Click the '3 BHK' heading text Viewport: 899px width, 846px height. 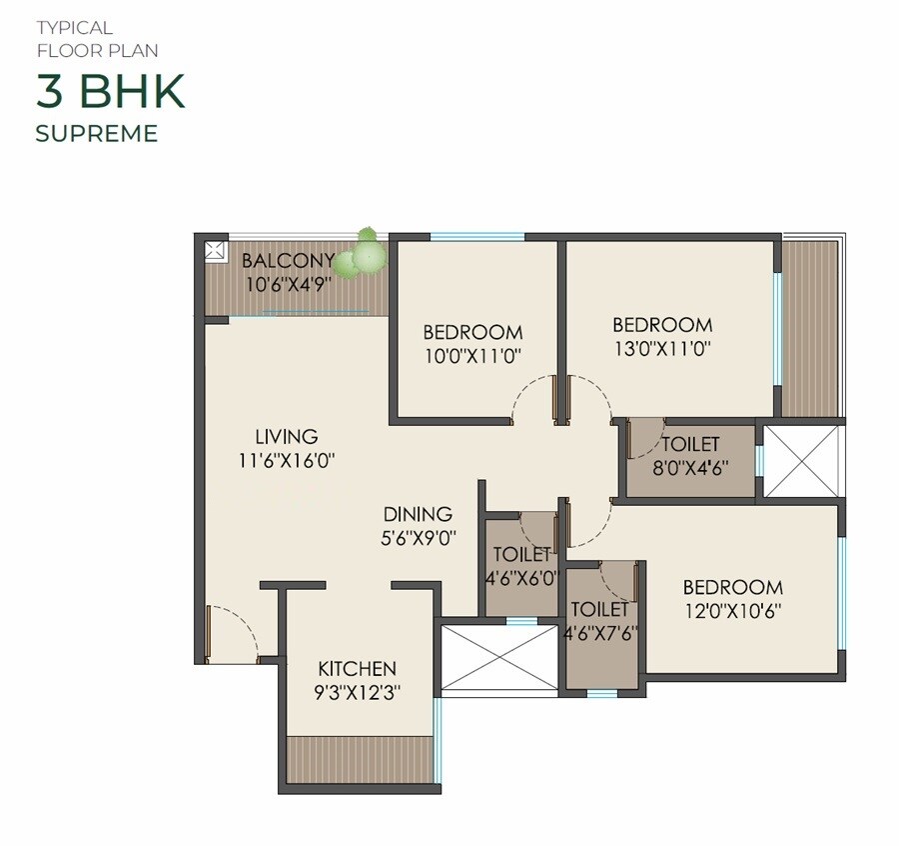(x=111, y=92)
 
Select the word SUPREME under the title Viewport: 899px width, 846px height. (x=97, y=133)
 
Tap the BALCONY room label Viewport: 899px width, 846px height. (x=288, y=261)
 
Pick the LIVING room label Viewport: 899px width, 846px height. (x=286, y=437)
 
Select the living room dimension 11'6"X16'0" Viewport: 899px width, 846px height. (x=286, y=461)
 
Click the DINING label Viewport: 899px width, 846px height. (x=418, y=515)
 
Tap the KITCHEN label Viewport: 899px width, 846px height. (x=357, y=669)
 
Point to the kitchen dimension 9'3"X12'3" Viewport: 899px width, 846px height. (x=357, y=692)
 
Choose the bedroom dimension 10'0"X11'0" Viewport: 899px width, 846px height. (x=472, y=356)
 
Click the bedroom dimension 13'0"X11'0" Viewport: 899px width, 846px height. (x=662, y=349)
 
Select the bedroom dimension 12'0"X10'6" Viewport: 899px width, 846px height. (x=732, y=611)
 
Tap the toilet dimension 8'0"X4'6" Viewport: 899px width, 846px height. (x=690, y=466)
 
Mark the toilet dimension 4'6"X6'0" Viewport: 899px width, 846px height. (x=520, y=577)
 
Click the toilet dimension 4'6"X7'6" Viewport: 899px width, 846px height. (x=599, y=632)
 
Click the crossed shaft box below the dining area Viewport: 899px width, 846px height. (x=499, y=658)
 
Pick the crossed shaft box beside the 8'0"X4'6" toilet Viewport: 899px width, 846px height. (x=803, y=461)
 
